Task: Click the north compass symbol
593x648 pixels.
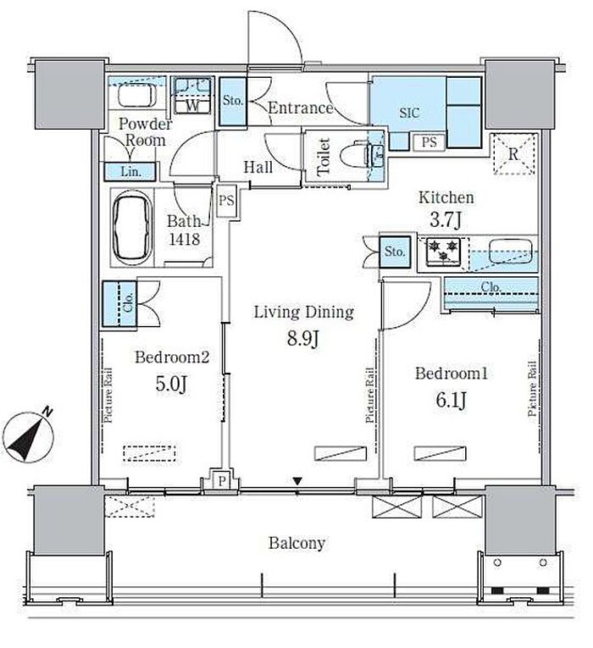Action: [28, 436]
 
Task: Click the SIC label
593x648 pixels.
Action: [409, 113]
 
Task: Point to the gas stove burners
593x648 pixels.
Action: [443, 252]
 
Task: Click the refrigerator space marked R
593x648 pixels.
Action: [513, 154]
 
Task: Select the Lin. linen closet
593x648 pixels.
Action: [130, 171]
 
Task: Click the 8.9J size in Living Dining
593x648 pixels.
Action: [303, 339]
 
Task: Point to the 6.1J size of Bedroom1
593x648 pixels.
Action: [451, 400]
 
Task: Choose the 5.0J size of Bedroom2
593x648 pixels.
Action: [171, 383]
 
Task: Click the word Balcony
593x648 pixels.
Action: [296, 543]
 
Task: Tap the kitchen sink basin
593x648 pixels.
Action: [510, 251]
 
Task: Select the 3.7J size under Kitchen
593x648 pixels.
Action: [446, 219]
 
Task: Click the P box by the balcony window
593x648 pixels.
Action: [222, 480]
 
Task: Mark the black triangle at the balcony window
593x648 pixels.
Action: [297, 481]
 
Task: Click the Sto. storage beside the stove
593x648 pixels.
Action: [395, 252]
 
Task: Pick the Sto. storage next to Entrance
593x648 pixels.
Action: [233, 102]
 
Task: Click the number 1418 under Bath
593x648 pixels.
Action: [185, 239]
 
